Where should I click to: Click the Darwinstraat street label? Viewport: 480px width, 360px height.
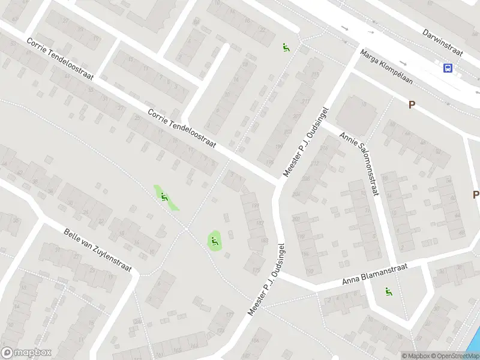443,41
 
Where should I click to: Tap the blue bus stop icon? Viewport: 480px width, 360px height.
448,68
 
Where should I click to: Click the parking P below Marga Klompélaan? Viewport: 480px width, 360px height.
412,104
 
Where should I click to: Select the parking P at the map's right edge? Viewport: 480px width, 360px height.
475,194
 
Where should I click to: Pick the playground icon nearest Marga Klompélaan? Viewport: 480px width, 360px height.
286,47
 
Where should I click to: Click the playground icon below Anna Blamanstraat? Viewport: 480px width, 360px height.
388,292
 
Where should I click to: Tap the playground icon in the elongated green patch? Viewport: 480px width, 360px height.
164,196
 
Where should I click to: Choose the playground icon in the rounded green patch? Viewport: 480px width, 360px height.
214,241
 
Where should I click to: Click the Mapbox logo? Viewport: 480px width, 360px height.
26,353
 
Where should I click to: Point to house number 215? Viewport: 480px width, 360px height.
314,74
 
